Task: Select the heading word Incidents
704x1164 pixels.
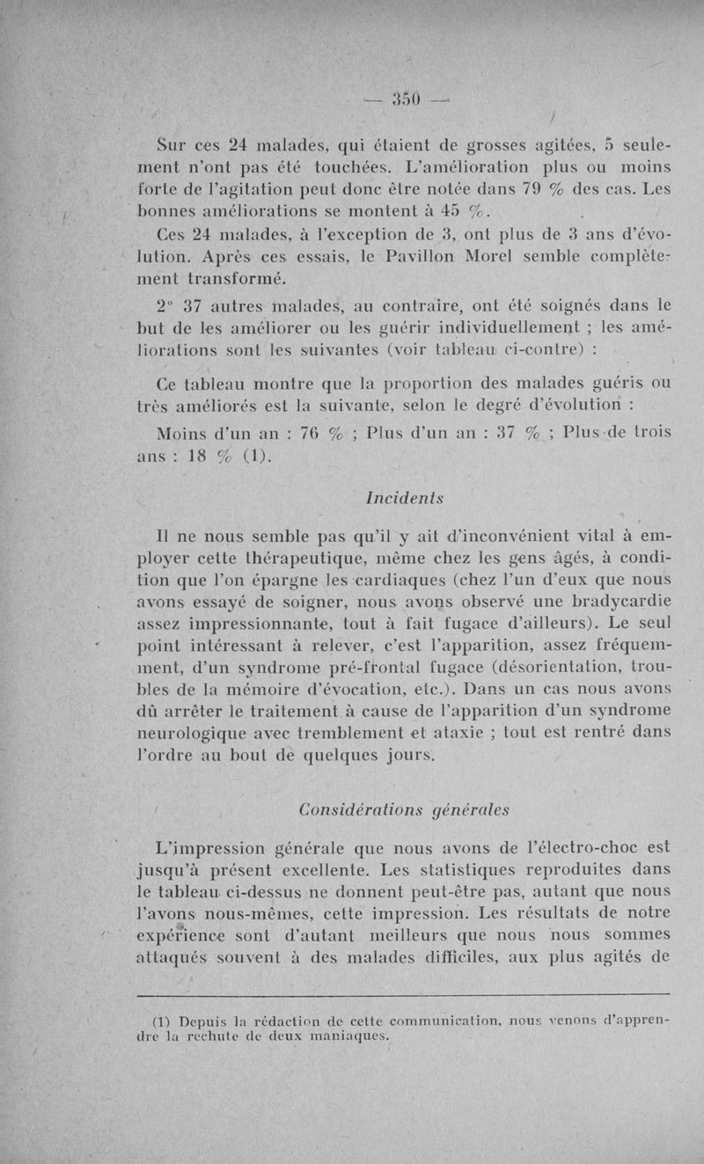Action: pyautogui.click(x=401, y=498)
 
